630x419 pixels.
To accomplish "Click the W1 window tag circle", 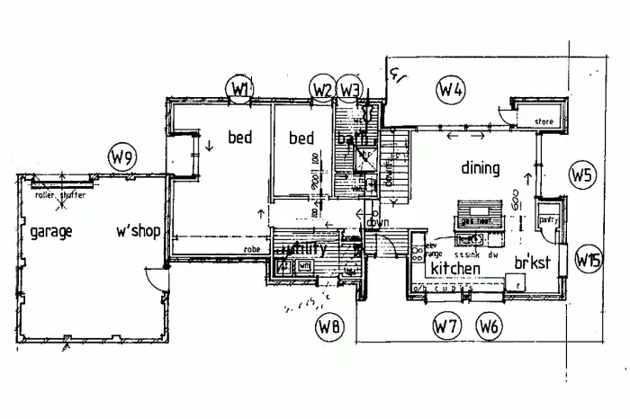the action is point(239,88).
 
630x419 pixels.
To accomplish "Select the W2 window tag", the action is point(322,88).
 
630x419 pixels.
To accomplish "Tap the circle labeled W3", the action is point(351,88).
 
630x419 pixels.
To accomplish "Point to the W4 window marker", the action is point(450,89).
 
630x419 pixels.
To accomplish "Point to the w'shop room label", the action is point(138,231).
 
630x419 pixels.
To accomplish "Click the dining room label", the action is point(480,167).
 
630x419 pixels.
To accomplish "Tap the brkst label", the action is point(532,263).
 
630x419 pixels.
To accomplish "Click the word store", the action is point(542,121).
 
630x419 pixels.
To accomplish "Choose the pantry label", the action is point(548,218).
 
